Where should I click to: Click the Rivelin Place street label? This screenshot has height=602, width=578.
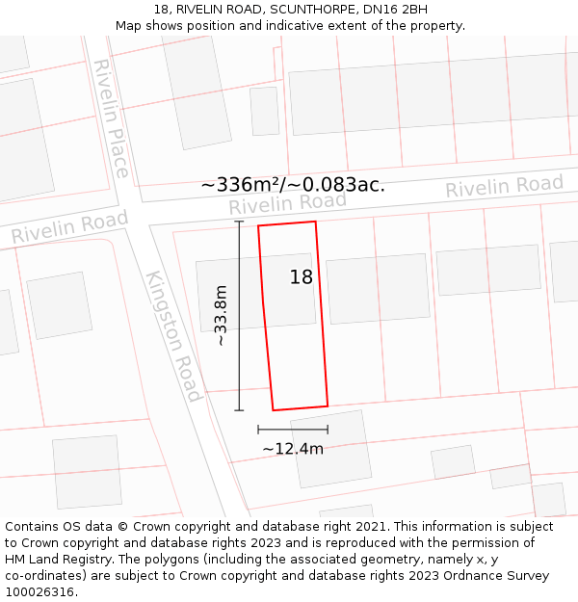tap(111, 118)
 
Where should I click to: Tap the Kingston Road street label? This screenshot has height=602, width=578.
tap(174, 336)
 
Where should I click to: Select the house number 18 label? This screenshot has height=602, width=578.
tap(302, 277)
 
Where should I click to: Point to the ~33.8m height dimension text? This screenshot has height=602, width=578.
tap(221, 315)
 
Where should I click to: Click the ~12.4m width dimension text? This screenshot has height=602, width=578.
tap(293, 448)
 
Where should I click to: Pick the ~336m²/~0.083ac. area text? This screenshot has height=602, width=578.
tap(293, 184)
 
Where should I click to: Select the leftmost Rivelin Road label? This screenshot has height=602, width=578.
tap(69, 228)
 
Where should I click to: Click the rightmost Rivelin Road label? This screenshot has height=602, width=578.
tap(504, 186)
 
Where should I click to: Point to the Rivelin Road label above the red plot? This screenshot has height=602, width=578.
tap(287, 203)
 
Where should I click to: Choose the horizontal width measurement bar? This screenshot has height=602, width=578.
tap(293, 429)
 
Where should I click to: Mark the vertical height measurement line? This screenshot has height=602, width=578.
tap(239, 315)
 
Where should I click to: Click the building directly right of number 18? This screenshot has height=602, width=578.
tap(378, 288)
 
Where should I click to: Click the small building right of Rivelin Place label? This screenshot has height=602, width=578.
tap(264, 111)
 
